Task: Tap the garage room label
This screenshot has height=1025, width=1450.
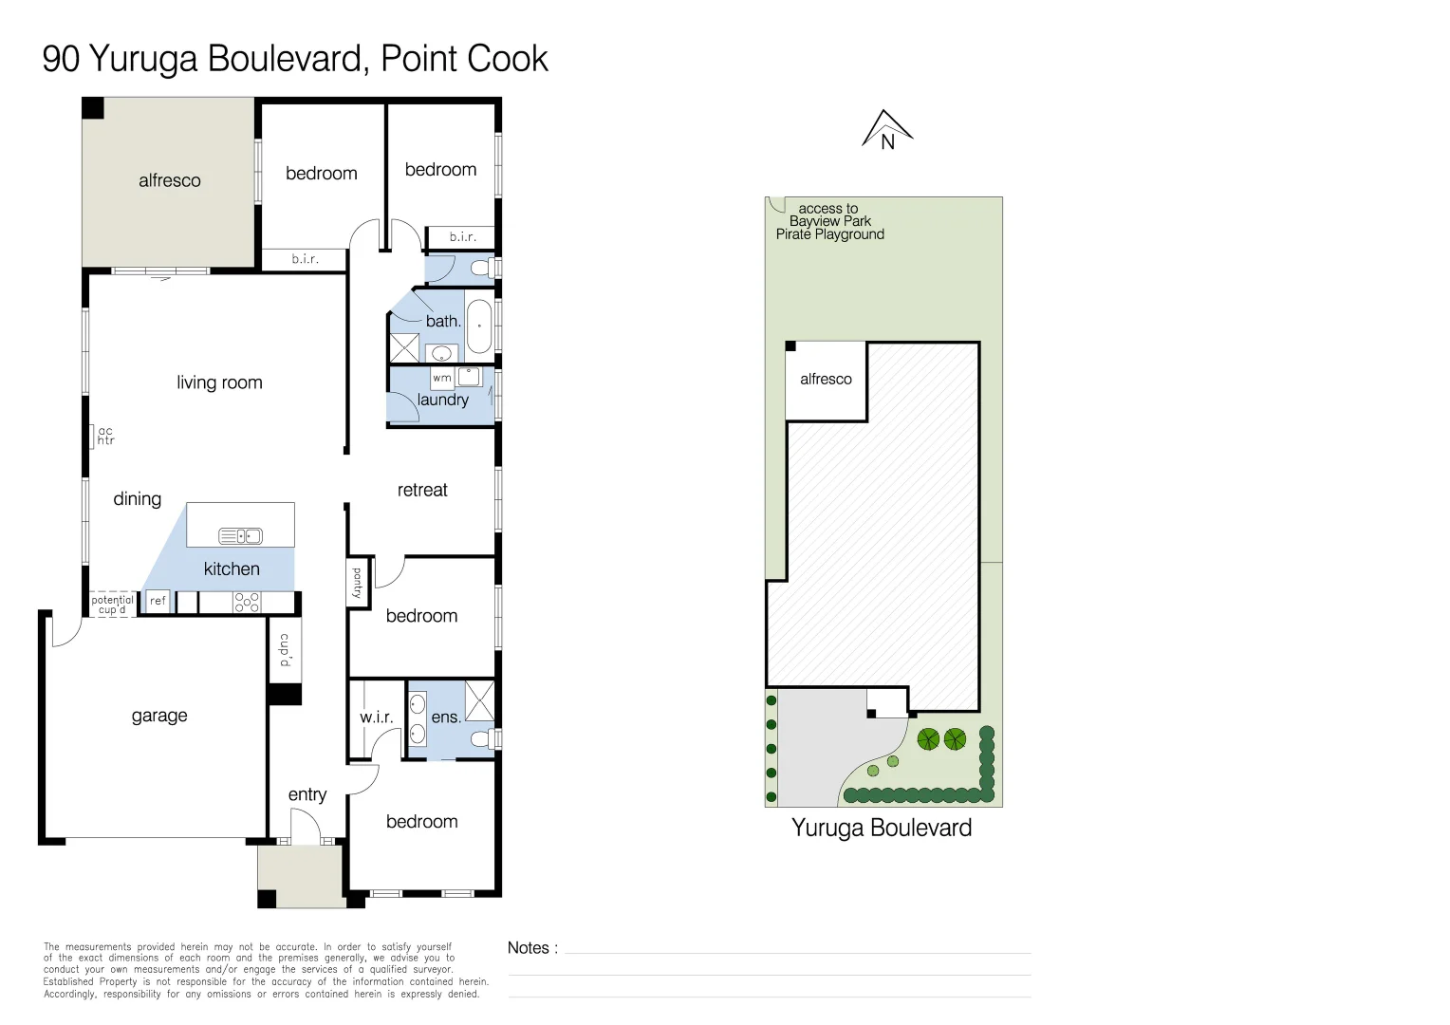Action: pos(159,716)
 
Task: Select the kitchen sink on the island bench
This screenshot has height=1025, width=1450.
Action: pos(240,536)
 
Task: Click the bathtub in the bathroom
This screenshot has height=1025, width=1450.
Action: pos(479,326)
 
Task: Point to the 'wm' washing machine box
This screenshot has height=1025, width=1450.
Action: pos(442,378)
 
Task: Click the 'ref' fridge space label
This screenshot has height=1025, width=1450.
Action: pos(158,601)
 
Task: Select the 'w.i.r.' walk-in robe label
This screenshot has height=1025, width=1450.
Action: pos(377,717)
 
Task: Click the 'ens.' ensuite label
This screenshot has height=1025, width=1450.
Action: pos(446,717)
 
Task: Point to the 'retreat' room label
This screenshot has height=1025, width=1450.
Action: pos(422,490)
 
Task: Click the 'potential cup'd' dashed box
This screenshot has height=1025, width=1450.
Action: pos(113,605)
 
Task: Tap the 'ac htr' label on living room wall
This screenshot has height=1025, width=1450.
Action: pos(105,436)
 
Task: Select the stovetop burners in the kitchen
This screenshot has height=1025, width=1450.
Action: pos(247,602)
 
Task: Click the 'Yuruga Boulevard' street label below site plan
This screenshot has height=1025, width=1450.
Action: pos(882,828)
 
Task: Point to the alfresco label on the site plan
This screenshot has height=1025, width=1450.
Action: pos(826,379)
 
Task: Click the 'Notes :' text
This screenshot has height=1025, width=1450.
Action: pos(532,948)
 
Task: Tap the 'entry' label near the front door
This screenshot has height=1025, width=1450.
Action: pos(307,794)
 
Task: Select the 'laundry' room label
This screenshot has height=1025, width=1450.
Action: pos(443,400)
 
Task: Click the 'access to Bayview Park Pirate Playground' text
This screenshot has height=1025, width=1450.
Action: pos(830,221)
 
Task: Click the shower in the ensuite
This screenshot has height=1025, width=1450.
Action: pos(479,700)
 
